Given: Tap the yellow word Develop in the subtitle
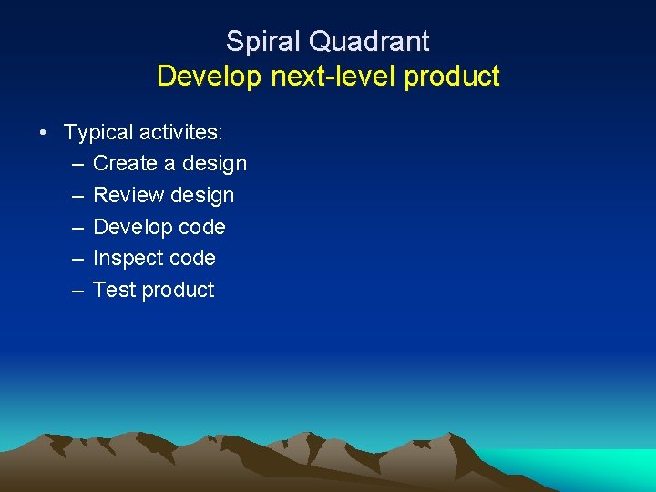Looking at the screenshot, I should coord(210,77).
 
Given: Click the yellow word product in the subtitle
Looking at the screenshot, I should coord(451,77).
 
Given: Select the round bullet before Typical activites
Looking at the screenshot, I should coord(44,133).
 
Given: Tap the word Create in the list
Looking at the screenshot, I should coord(125,164).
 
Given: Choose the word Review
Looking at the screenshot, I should coord(128,196).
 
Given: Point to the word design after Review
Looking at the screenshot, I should coord(201,196).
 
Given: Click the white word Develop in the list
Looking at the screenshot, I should coord(131,227).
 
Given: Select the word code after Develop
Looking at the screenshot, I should coord(200,227).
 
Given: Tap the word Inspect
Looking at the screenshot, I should coord(128,259).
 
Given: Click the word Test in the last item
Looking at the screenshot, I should coord(113,290).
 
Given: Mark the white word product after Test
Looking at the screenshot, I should coord(177,290).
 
